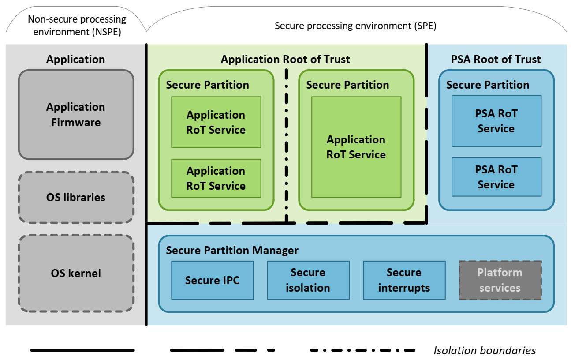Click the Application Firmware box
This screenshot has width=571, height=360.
[76, 115]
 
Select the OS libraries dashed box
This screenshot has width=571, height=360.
[76, 197]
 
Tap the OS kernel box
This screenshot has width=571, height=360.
[76, 273]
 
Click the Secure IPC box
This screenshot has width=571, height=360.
[212, 280]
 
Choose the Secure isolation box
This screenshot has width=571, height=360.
[308, 280]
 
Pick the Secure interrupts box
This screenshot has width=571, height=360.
[404, 280]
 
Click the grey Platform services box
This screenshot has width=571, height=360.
[500, 280]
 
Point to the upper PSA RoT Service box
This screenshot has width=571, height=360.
[496, 121]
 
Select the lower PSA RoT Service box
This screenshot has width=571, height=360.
[496, 177]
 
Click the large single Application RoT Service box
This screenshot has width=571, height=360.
[356, 147]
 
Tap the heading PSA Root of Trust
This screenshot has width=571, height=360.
[496, 59]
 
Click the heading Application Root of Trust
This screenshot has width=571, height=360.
[285, 59]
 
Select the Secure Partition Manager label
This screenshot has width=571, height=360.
[232, 251]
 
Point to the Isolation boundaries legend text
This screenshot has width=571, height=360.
[485, 351]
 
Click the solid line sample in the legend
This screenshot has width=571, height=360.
[82, 350]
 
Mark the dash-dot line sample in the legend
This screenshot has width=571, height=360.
[362, 350]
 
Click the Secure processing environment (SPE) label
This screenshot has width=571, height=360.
[355, 26]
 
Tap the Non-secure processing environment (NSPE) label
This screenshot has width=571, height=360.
[77, 26]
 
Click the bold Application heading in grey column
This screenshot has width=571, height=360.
[76, 59]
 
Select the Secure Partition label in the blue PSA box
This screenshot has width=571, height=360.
[488, 85]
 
